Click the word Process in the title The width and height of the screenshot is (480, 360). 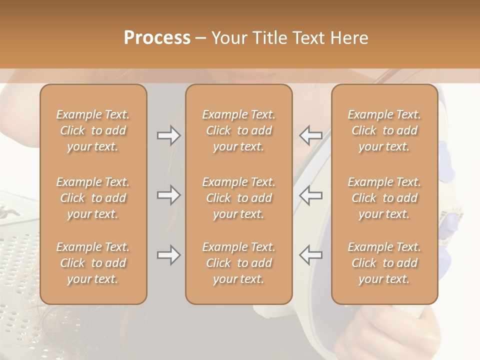[x=157, y=37]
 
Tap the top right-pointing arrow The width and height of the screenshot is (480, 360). [x=168, y=135]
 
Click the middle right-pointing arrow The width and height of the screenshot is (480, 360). [x=168, y=195]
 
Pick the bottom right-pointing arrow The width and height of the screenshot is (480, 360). [x=168, y=255]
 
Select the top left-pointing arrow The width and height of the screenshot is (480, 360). [x=311, y=135]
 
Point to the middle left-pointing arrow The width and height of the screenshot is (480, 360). [x=311, y=195]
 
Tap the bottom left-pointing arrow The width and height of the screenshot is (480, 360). [x=311, y=255]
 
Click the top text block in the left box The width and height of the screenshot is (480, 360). [x=93, y=130]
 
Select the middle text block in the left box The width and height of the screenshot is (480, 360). [x=93, y=198]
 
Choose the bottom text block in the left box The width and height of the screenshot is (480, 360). [x=93, y=263]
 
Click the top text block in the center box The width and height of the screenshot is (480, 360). [x=239, y=130]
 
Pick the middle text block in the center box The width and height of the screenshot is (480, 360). [x=239, y=198]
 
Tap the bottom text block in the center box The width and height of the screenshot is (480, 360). [x=239, y=263]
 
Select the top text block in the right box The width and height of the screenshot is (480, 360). [x=384, y=130]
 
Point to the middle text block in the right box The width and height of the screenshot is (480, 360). [x=384, y=198]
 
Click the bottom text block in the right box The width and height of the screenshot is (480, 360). [x=384, y=263]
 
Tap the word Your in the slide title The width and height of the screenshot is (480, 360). [x=227, y=37]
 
